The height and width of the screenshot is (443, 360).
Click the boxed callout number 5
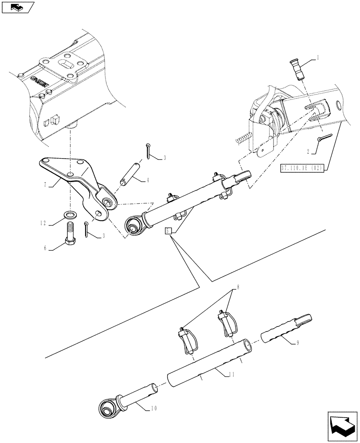point(168,231)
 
